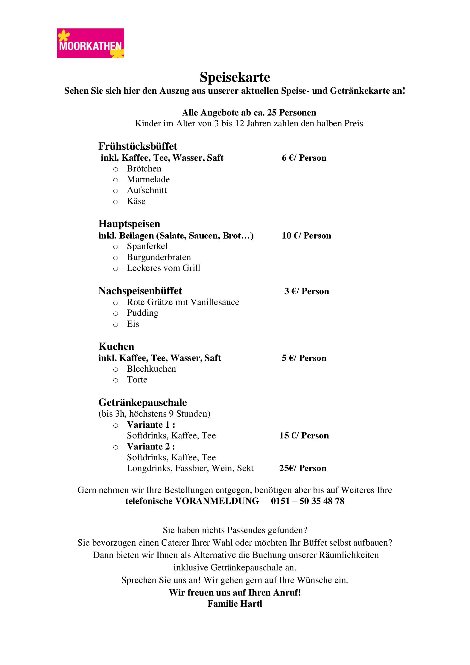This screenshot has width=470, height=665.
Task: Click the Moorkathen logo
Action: coord(90,43)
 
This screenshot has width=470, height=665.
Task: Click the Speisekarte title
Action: coord(235,77)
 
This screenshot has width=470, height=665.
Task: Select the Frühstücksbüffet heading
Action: coord(138,146)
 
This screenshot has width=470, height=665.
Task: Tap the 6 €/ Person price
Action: coord(304,158)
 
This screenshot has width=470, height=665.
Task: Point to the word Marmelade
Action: coord(148,179)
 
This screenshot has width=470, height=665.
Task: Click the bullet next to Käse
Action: coord(115,202)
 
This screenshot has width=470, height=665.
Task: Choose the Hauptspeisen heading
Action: coord(129,224)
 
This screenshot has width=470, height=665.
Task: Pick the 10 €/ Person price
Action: coord(306,236)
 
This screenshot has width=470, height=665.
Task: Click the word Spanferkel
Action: coord(147,246)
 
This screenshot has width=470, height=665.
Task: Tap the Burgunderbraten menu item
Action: coord(159,257)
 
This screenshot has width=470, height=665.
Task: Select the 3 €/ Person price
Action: coord(307,291)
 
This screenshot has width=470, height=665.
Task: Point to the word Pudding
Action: coord(142,313)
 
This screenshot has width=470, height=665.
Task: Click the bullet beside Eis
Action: coord(115,325)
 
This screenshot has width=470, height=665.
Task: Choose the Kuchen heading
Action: coord(116,346)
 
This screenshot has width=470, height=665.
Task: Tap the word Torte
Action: coord(137,379)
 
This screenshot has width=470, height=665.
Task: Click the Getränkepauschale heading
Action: coord(142,402)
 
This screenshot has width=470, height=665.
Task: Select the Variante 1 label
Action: coord(151,424)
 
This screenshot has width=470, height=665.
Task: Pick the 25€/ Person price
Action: coord(303,468)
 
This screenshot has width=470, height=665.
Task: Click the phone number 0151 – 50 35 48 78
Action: coord(308,501)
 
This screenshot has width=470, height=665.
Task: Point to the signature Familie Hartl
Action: coord(235,604)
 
